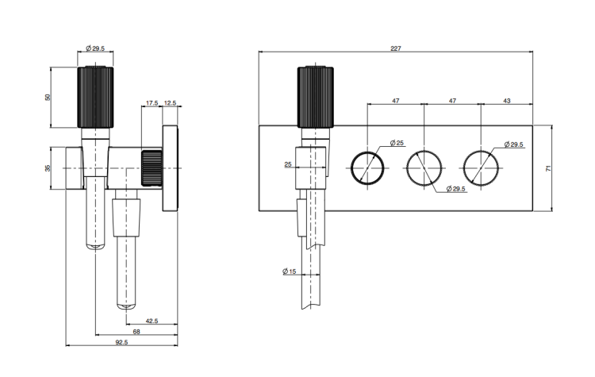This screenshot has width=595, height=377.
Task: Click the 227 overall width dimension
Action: (396, 49)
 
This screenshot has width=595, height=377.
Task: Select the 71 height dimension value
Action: (547, 168)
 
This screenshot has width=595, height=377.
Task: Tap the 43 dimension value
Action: (506, 102)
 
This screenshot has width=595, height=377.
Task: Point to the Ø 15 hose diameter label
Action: (289, 272)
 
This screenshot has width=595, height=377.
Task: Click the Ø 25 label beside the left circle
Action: (397, 143)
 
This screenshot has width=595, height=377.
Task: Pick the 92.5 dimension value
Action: (121, 343)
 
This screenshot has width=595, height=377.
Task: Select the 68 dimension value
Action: (136, 332)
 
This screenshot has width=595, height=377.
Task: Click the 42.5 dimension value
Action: (152, 321)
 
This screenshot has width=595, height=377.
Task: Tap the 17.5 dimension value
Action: (152, 102)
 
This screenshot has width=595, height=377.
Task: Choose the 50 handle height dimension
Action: (48, 97)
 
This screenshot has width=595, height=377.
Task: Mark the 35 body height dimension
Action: (48, 168)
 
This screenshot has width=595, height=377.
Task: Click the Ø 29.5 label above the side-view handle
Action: (96, 48)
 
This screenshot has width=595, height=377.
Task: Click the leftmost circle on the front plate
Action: (367, 167)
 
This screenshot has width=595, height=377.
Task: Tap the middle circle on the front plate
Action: (424, 167)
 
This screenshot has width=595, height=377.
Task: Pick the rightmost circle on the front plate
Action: (481, 167)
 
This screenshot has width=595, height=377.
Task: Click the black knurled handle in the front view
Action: (315, 97)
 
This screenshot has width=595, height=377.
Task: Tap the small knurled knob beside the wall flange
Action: (152, 167)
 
